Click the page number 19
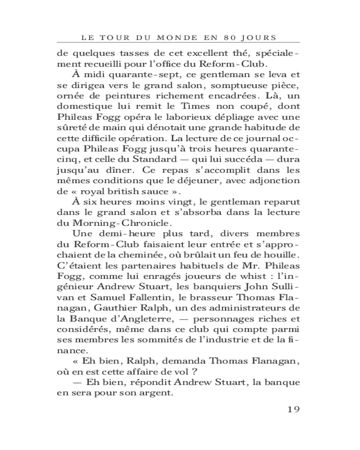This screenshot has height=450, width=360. coord(293,409)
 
